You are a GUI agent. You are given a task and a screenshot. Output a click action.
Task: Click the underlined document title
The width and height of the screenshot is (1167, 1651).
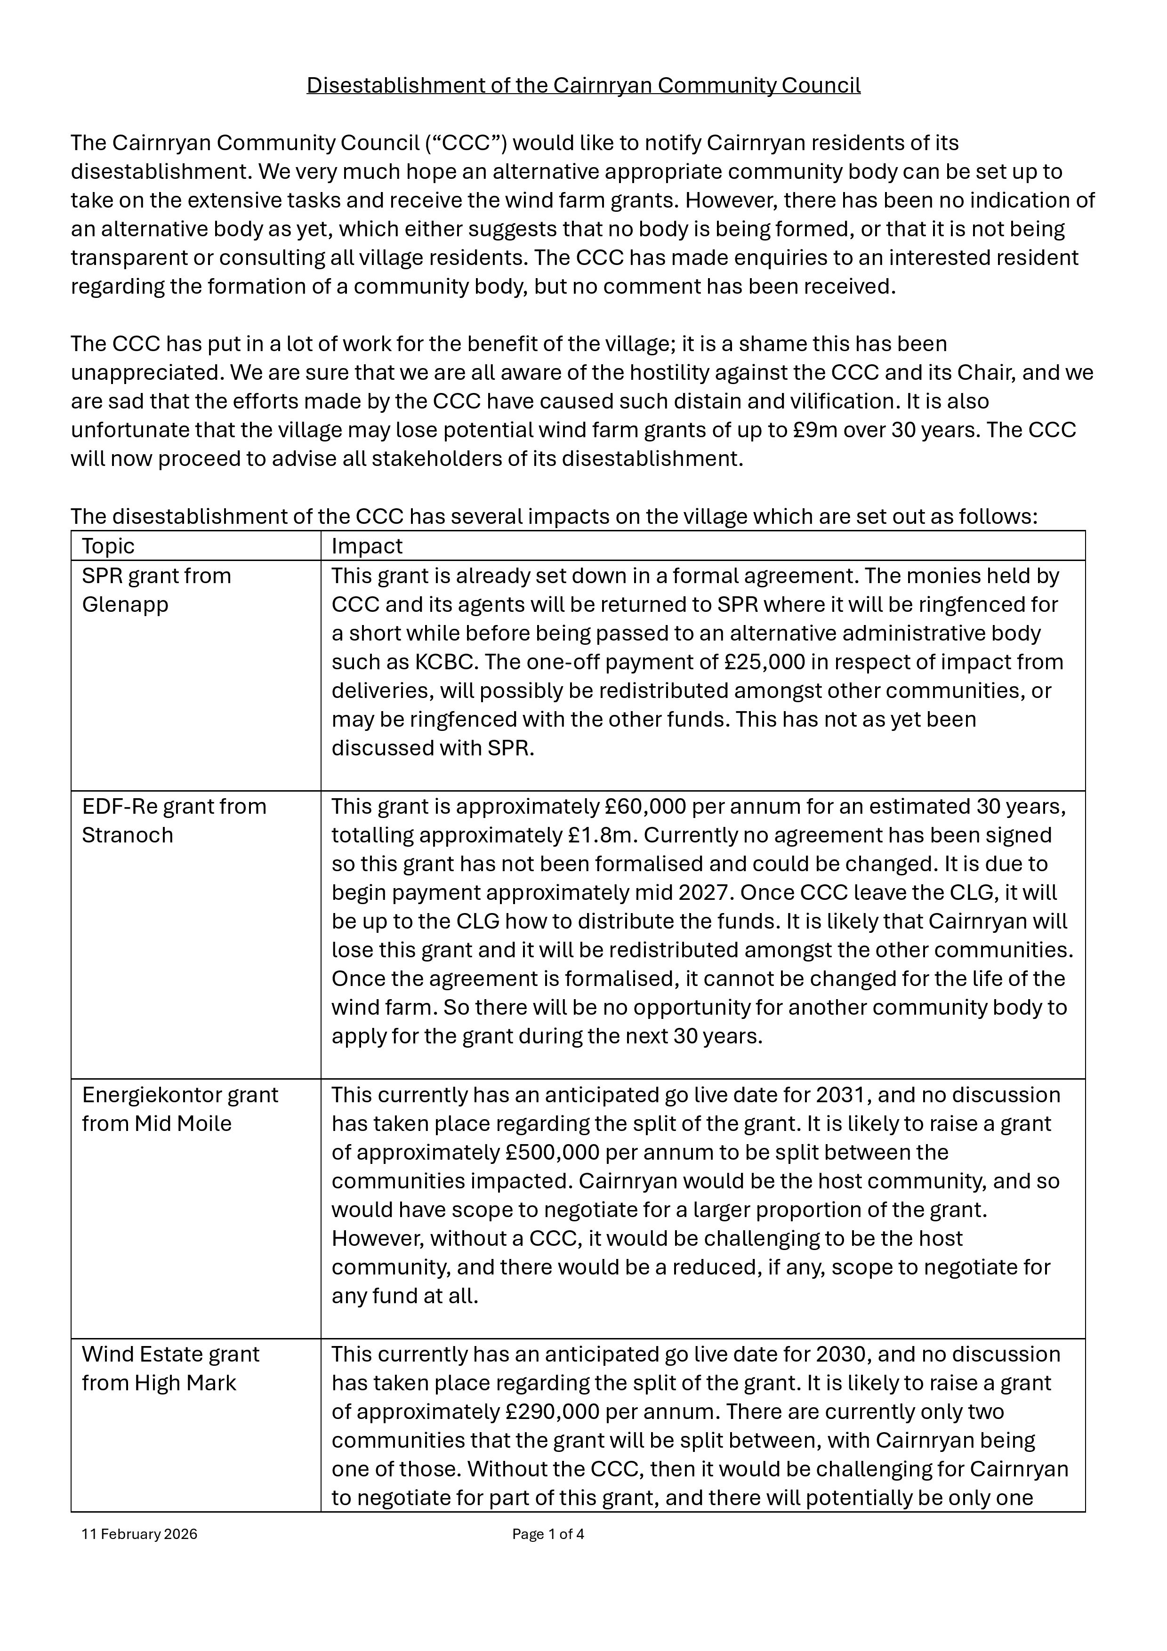pos(583,86)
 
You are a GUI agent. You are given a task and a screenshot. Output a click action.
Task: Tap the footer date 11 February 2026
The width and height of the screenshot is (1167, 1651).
pos(139,1534)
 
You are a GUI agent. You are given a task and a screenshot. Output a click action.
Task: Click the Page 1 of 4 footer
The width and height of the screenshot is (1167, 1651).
pos(548,1534)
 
